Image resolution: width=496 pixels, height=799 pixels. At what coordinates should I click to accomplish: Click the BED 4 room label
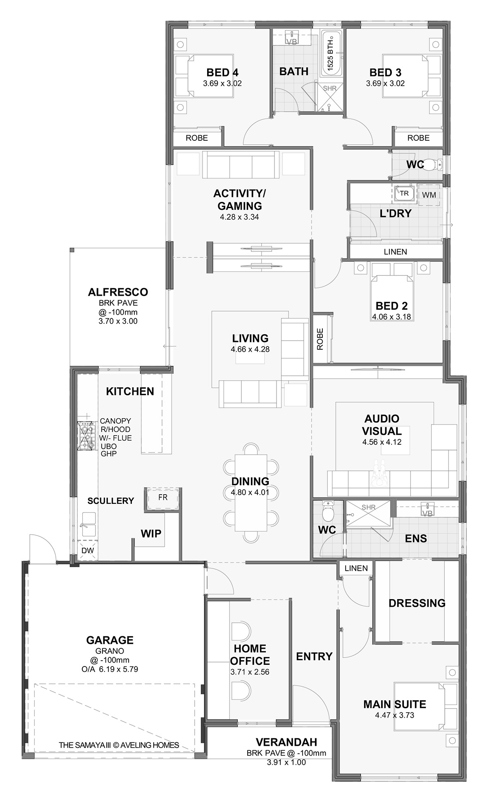coord(222,73)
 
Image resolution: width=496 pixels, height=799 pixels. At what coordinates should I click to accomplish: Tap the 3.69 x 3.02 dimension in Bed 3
coord(385,83)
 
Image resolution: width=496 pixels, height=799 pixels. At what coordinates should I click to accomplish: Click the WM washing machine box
coord(429,194)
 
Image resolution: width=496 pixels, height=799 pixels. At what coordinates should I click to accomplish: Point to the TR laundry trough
coord(404,193)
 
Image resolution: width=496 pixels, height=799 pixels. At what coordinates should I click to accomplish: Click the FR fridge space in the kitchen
coord(163,498)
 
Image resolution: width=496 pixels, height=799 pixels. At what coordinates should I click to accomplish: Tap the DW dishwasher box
coord(88,550)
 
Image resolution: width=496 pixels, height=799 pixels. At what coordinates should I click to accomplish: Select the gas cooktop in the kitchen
coord(86,435)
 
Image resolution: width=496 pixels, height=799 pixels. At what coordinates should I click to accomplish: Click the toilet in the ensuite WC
coord(327,511)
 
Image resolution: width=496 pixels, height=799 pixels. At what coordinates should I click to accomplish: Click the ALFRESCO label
coord(118,292)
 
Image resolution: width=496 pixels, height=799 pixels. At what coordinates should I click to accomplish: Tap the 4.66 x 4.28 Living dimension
coord(250,349)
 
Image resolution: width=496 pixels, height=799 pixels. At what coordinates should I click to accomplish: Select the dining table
coord(250,493)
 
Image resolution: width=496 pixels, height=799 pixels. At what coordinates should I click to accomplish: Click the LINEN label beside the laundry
coord(395,251)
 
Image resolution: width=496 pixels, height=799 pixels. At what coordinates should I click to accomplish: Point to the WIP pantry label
coord(151,533)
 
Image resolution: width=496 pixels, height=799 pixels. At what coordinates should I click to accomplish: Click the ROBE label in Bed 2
coord(320,339)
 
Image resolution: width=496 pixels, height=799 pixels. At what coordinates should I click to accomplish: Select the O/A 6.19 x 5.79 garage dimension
coord(110,669)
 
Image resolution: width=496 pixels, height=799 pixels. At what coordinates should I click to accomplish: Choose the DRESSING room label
coord(417,603)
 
